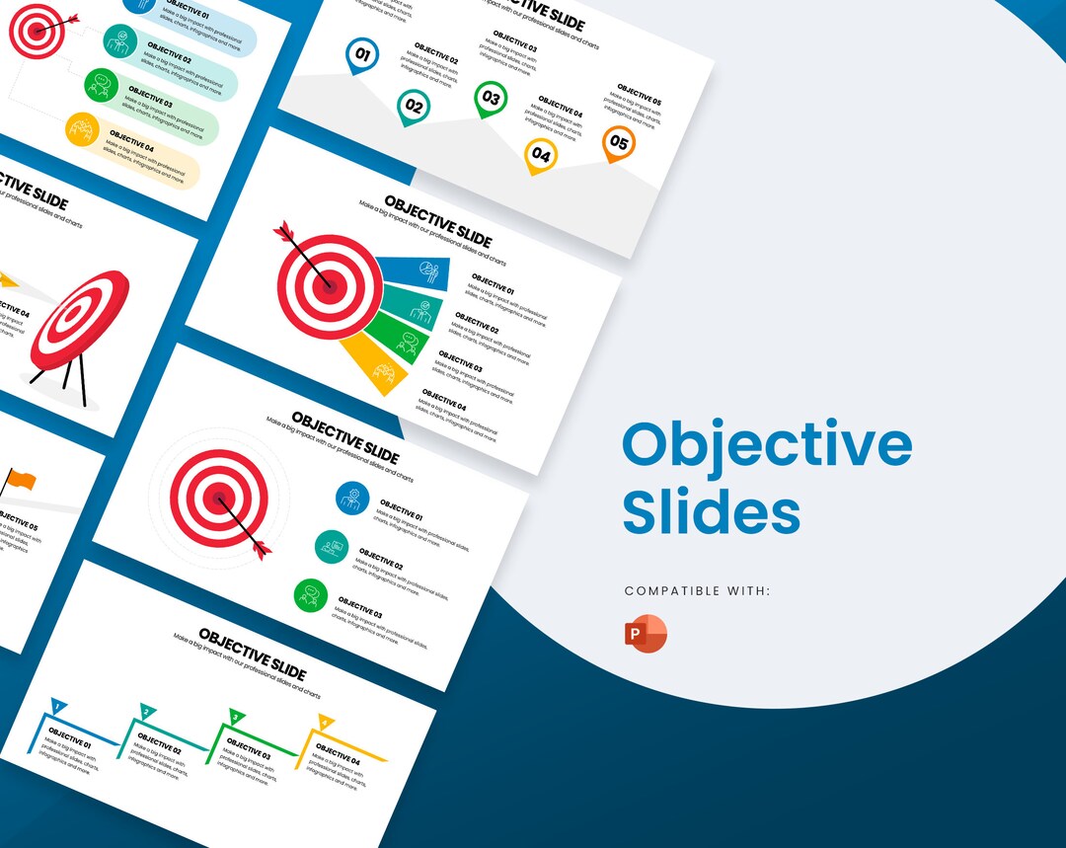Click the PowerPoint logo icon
coord(646,633)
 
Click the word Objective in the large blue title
coord(767,446)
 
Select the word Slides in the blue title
coord(711,511)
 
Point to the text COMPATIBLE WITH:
coord(697,591)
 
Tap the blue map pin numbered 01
coord(362,56)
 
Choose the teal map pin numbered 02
coord(414,107)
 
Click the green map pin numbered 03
coord(491,99)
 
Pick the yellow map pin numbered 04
coord(541,155)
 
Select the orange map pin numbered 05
coord(618,144)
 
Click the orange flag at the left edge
coord(19,481)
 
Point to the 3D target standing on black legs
coord(79,320)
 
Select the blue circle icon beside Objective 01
coord(352,498)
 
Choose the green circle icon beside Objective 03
coord(311,595)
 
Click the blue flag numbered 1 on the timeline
coord(58,707)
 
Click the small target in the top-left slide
coord(37,31)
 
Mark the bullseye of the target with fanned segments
coord(327,286)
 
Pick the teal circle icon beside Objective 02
coord(332,546)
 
